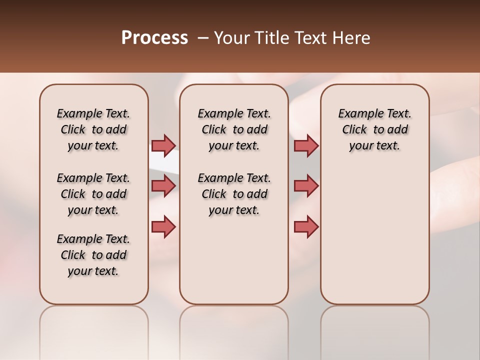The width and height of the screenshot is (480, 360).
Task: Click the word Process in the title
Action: tap(154, 38)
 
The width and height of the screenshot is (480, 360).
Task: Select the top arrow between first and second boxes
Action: tap(163, 145)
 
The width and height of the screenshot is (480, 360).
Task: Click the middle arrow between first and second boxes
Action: tap(163, 186)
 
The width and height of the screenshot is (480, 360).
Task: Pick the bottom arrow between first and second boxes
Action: tap(163, 226)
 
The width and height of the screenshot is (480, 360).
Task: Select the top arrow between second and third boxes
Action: tap(306, 145)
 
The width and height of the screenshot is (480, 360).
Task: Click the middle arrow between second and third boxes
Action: tap(306, 186)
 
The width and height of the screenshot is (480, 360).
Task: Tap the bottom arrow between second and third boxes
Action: tap(306, 226)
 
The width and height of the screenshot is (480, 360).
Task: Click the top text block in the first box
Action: tap(93, 129)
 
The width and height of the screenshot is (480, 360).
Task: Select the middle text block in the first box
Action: tap(93, 194)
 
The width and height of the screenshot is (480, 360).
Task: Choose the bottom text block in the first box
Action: tap(93, 255)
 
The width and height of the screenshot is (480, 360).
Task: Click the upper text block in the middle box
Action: tap(234, 129)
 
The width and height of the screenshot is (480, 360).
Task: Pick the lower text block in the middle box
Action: tap(234, 194)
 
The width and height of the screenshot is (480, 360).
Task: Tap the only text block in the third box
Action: tap(375, 129)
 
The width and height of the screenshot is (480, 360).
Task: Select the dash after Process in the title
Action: tap(202, 38)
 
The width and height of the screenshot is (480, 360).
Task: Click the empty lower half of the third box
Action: tap(375, 240)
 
